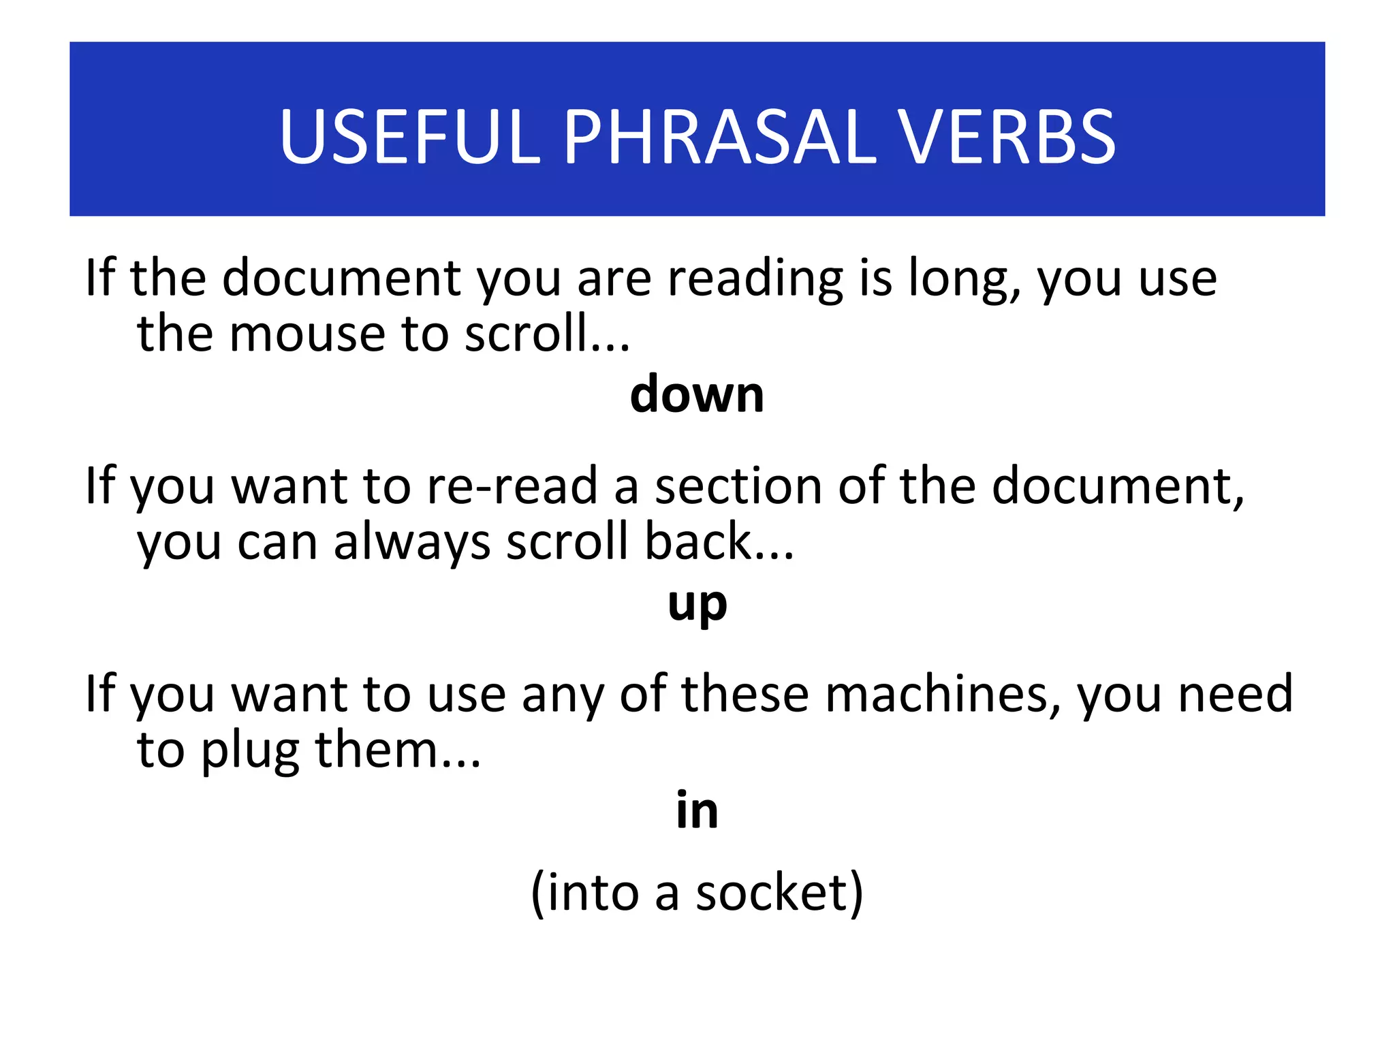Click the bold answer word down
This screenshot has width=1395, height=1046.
[x=697, y=394]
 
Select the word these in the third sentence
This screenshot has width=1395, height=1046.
[x=744, y=695]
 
